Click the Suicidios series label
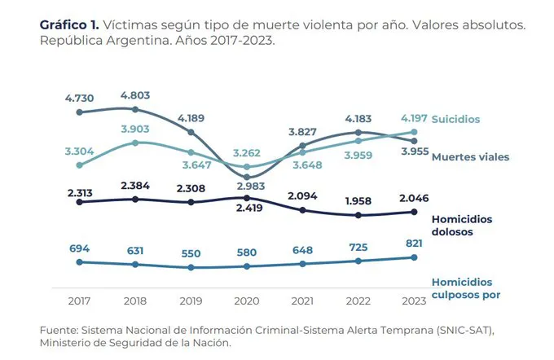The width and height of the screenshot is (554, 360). coord(455,120)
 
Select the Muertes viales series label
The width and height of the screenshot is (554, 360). coord(465,156)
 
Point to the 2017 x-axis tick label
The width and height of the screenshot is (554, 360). coord(79,301)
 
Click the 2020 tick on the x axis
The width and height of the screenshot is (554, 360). coord(246,301)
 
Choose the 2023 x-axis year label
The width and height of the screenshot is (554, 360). coord(414,301)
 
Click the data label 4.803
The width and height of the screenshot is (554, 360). coord(134,94)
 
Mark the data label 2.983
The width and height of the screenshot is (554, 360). coord(246,187)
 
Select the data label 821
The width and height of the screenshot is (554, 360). coord(414,244)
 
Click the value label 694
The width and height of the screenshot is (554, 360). coord(79,246)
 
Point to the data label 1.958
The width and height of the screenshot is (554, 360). coord(358,201)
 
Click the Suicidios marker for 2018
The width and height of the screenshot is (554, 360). coord(134,143)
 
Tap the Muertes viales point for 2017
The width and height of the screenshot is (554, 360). coord(79,112)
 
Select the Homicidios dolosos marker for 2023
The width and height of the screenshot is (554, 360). coord(414,213)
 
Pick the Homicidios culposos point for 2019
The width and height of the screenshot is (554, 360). coord(191,267)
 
